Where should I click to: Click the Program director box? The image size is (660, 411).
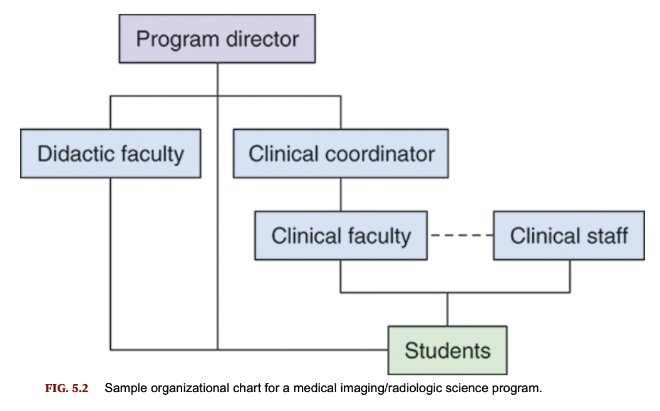217,39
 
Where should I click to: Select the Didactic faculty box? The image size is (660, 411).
110,153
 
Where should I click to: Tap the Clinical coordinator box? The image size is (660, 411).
341,153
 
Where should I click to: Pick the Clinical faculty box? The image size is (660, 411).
341,236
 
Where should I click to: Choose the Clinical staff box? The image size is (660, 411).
569,236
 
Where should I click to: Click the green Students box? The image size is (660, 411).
447,350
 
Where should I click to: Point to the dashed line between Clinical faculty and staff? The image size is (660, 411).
460,236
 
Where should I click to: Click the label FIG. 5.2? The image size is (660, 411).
67,388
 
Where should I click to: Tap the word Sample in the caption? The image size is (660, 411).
123,388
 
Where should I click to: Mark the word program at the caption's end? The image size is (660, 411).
519,388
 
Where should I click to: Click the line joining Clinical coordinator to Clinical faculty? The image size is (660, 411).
341,194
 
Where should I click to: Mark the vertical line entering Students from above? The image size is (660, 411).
447,310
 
